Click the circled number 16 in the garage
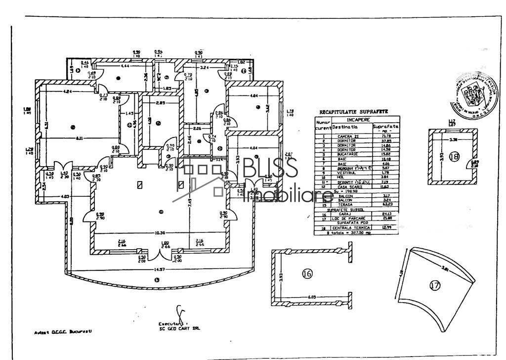coord(307,273)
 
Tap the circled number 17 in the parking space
coord(435,286)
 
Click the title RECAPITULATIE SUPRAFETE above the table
coord(354,112)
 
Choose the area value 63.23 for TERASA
coord(384,204)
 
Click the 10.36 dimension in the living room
coord(159,233)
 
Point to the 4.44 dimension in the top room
coord(125,66)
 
